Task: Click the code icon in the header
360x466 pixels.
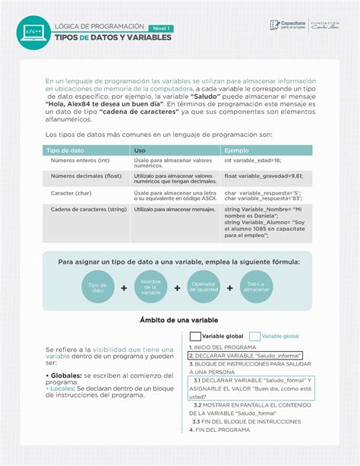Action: tap(33, 31)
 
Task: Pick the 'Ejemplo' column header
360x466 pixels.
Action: tap(236, 151)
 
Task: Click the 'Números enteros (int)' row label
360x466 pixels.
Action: tap(81, 160)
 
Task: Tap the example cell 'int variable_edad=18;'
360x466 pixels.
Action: tap(252, 160)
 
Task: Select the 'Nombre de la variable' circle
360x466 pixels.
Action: tap(151, 287)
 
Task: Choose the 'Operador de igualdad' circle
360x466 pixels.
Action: tap(204, 287)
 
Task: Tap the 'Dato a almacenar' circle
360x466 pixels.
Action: tap(257, 287)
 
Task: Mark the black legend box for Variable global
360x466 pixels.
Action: tap(195, 336)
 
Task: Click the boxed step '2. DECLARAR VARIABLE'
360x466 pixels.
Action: tap(245, 355)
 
